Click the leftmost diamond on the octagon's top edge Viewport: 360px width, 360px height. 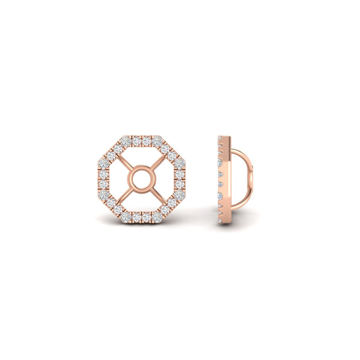click(x=125, y=141)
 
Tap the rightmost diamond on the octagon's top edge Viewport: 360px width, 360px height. click(x=157, y=141)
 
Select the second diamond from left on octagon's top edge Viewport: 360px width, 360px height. click(x=136, y=141)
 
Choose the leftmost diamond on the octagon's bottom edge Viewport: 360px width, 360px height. click(x=125, y=217)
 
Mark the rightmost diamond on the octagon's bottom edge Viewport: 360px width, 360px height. click(x=157, y=217)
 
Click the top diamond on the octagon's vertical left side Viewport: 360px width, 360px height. click(x=103, y=163)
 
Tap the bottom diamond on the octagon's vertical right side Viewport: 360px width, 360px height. click(x=179, y=195)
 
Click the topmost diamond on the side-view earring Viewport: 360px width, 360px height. click(x=220, y=138)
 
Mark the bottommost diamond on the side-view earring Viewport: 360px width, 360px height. click(x=220, y=220)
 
